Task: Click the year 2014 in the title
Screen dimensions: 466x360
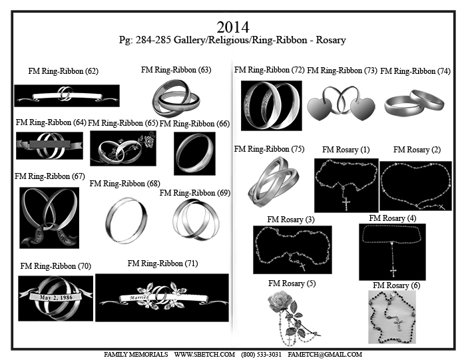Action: click(233, 27)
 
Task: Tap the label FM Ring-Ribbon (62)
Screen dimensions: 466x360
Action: click(63, 71)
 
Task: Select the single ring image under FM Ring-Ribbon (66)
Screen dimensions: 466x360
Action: click(194, 153)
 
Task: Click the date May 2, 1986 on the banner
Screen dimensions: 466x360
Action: click(56, 297)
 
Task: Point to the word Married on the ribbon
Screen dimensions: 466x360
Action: click(139, 297)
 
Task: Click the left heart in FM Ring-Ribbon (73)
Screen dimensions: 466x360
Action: click(319, 108)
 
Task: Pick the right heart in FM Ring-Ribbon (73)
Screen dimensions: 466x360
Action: click(363, 108)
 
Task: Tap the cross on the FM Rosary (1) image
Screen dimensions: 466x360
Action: click(346, 204)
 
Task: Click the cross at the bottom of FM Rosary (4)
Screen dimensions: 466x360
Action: click(393, 272)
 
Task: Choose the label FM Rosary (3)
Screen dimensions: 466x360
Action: click(291, 220)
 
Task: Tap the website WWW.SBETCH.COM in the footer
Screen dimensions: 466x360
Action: click(204, 355)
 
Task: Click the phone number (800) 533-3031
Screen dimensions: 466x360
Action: click(261, 355)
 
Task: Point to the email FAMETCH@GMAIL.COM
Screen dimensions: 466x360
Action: click(325, 355)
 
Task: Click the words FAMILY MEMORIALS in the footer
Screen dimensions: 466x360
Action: click(136, 355)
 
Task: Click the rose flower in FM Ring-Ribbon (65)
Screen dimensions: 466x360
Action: click(149, 141)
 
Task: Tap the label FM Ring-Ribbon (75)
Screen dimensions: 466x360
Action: click(269, 149)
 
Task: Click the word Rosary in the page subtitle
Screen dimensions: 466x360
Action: click(331, 40)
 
